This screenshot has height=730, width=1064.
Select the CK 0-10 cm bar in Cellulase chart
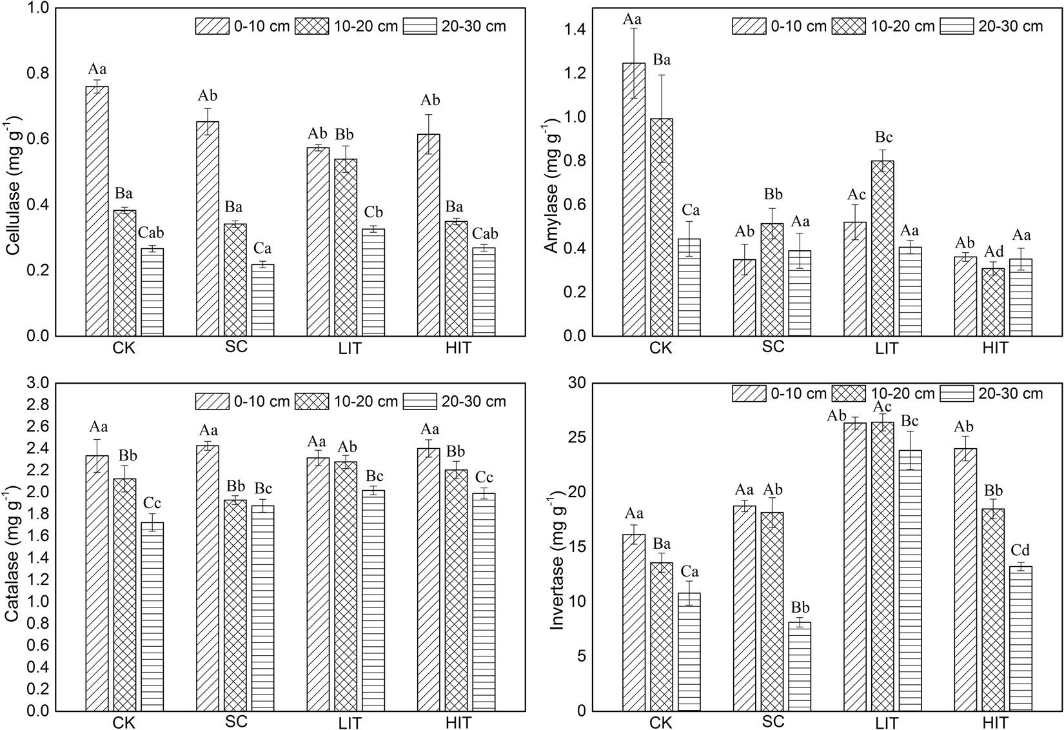[97, 213]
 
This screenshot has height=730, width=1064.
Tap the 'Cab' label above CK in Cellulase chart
[152, 233]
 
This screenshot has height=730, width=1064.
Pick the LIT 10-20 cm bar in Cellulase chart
[346, 248]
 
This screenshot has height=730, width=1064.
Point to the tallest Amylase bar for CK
[633, 200]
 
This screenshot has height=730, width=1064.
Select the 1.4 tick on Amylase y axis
[573, 30]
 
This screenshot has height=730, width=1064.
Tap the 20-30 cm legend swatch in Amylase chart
[956, 26]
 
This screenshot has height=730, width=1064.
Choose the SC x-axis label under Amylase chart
[773, 347]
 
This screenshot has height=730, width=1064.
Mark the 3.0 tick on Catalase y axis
[38, 383]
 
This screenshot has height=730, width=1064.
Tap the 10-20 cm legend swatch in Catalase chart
[311, 401]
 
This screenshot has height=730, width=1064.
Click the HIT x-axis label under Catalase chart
[458, 722]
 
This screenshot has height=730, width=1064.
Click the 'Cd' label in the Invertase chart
[1020, 550]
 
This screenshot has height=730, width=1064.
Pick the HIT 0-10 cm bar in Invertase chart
[965, 580]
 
